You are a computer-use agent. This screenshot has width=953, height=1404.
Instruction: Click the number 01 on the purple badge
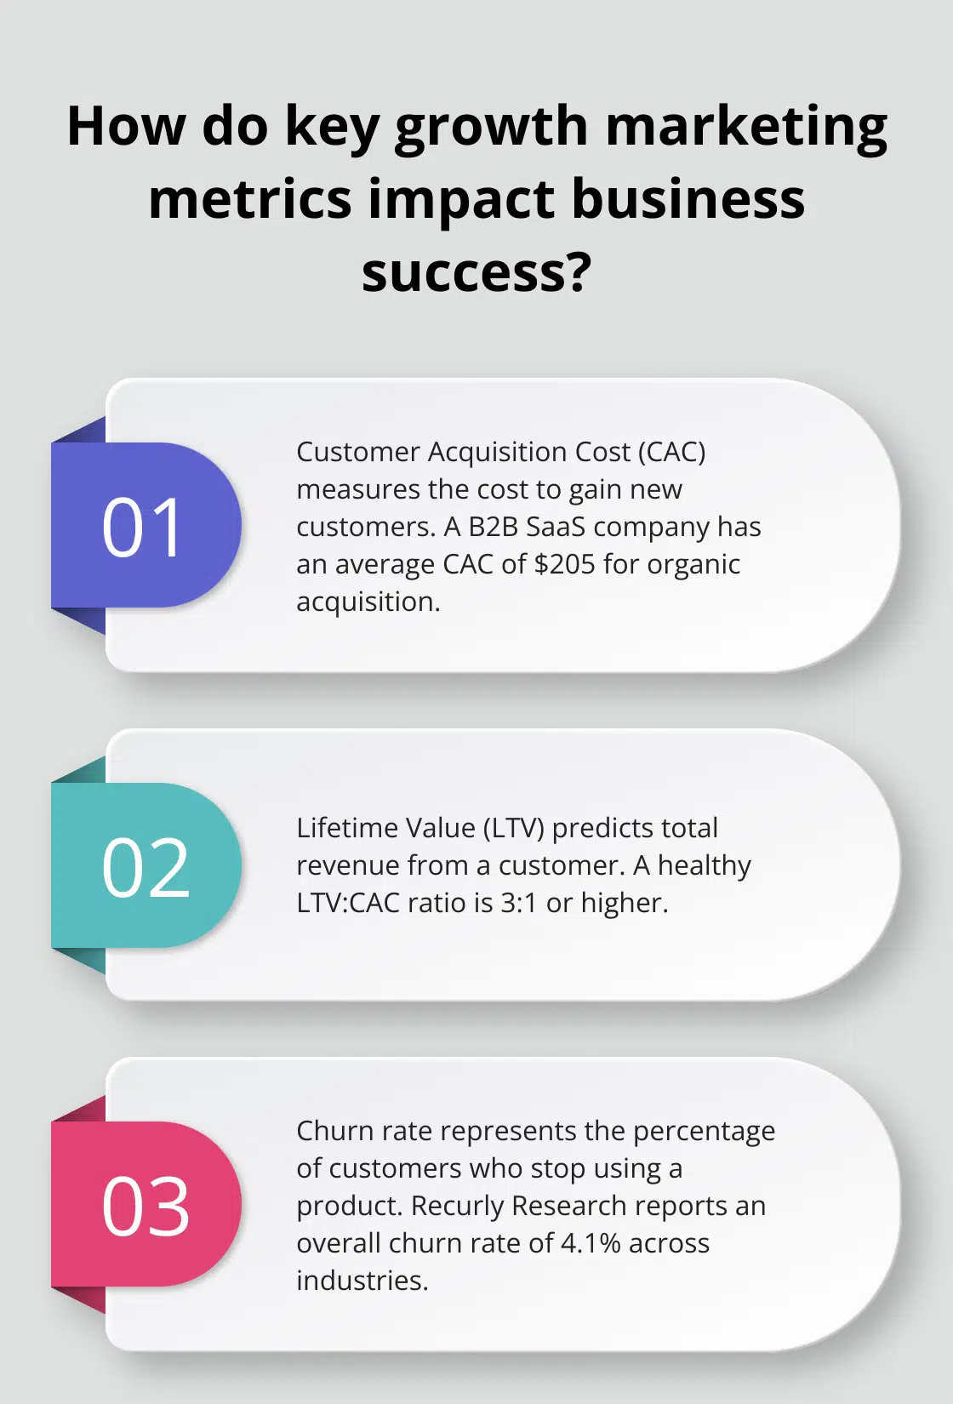pyautogui.click(x=143, y=528)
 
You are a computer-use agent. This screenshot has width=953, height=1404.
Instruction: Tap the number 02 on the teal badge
pyautogui.click(x=146, y=868)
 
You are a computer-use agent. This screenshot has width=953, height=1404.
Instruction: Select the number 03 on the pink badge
pyautogui.click(x=146, y=1207)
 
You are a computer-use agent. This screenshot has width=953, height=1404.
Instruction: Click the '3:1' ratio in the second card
pyautogui.click(x=519, y=903)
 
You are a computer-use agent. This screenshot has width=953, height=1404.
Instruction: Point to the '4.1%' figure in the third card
pyautogui.click(x=591, y=1243)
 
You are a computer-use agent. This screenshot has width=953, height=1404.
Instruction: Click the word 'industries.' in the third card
pyautogui.click(x=362, y=1281)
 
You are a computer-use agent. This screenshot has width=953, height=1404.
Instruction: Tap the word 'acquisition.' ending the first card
pyautogui.click(x=368, y=602)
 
